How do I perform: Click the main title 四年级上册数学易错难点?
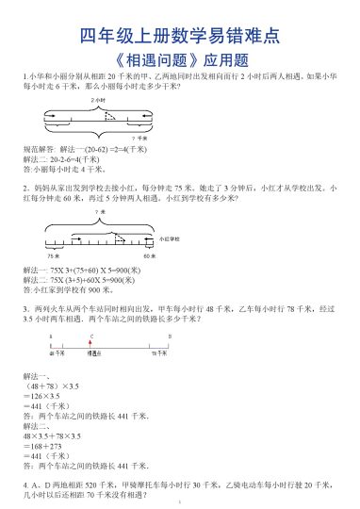coord(179,37)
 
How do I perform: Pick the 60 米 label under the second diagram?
coord(148,255)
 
